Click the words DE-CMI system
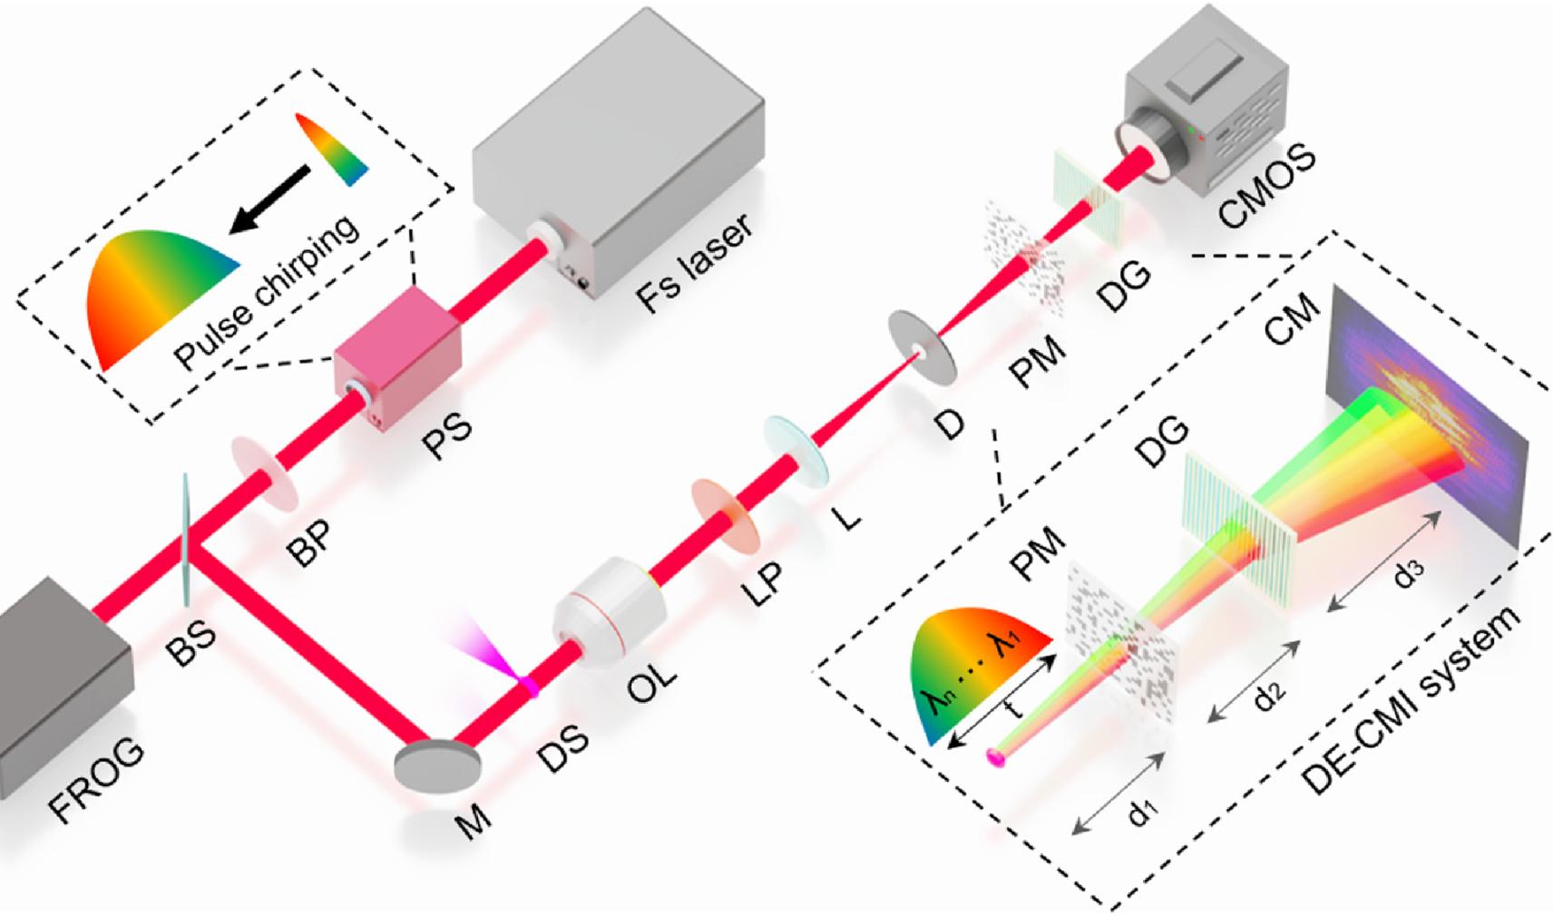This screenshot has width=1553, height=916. point(1415,700)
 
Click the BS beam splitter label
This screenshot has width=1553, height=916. point(191,640)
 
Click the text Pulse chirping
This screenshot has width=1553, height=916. point(267,292)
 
